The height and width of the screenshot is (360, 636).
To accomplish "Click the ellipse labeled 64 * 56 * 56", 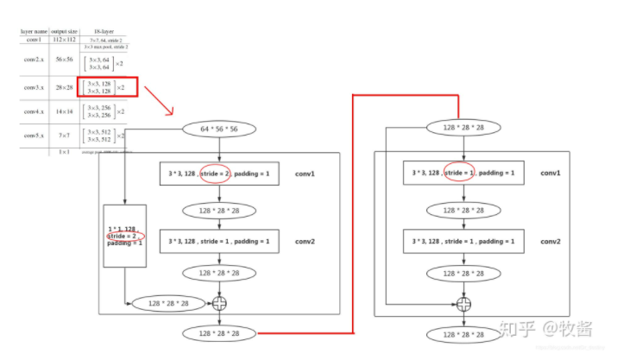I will click(218, 129).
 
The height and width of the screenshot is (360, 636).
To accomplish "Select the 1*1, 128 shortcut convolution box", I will click(125, 235).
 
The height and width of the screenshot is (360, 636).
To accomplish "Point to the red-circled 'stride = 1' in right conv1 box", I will click(460, 173).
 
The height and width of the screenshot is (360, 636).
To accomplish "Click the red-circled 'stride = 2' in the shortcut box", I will click(125, 235).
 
